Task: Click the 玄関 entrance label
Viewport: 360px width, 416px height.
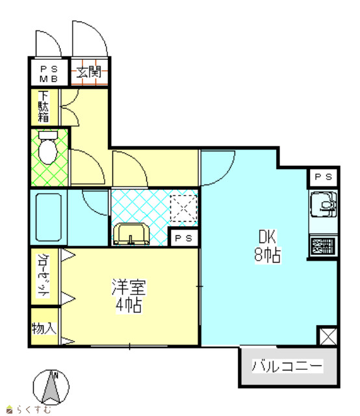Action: point(90,72)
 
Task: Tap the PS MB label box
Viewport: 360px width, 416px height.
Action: point(49,72)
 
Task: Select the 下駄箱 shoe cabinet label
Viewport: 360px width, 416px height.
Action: point(44,107)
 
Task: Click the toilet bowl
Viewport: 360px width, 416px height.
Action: point(48,148)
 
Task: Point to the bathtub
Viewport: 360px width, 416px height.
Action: point(49,217)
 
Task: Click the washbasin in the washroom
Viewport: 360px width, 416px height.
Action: point(131,234)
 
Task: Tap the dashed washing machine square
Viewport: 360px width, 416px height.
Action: point(184,208)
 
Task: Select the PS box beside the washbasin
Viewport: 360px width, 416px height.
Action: point(184,238)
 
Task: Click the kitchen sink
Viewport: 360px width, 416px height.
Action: point(323,205)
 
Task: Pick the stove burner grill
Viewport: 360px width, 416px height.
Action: point(323,246)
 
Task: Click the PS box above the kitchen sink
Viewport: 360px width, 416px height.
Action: point(323,177)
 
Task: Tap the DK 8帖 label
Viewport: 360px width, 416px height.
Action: point(268,246)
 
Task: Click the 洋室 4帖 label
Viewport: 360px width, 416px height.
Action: point(129,296)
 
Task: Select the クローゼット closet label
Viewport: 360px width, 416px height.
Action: point(44,276)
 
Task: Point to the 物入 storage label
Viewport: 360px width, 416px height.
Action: point(44,329)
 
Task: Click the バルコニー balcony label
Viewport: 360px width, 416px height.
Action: point(287,366)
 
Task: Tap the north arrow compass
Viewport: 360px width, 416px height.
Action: point(51,387)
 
